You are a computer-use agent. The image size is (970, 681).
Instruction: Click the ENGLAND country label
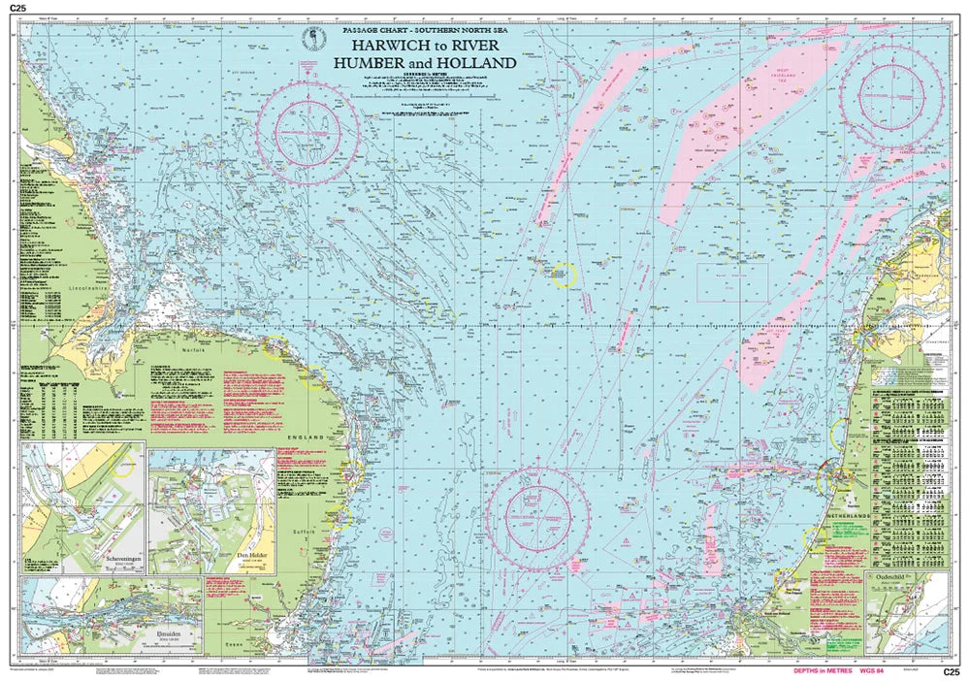[300, 439]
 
